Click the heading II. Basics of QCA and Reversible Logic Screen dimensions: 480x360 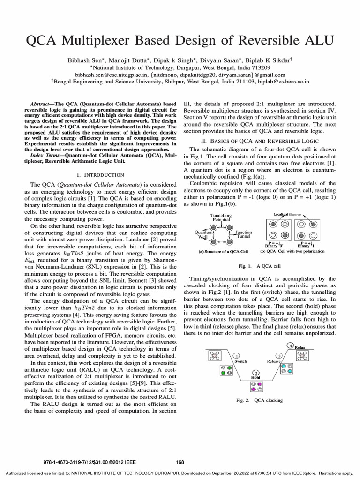(x=259, y=141)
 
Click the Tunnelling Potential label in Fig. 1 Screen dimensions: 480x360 (x=221, y=217)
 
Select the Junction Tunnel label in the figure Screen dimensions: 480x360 (x=244, y=234)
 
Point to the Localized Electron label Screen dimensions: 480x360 (x=288, y=214)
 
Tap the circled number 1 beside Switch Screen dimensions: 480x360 (x=237, y=356)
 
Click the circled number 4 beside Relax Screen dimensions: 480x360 (x=291, y=345)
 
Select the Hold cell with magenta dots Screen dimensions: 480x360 (x=256, y=387)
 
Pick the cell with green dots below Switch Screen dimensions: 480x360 (x=226, y=370)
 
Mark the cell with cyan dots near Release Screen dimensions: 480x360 (x=287, y=369)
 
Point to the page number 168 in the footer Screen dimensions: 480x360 (x=180, y=462)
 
